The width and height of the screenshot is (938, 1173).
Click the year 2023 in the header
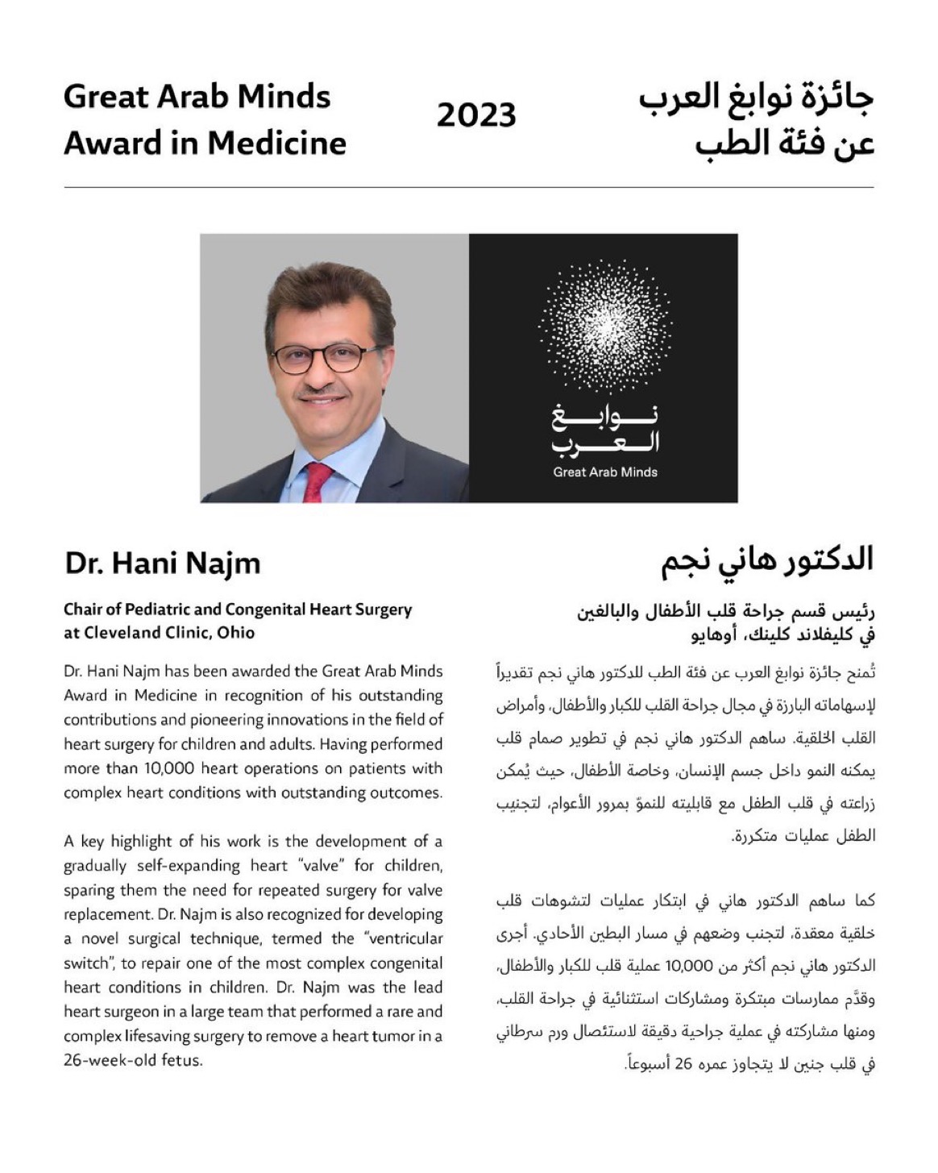(476, 115)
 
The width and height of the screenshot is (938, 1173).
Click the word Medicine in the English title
(276, 144)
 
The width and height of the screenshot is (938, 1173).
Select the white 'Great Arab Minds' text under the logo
(604, 472)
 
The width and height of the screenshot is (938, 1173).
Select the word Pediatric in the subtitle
(165, 609)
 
